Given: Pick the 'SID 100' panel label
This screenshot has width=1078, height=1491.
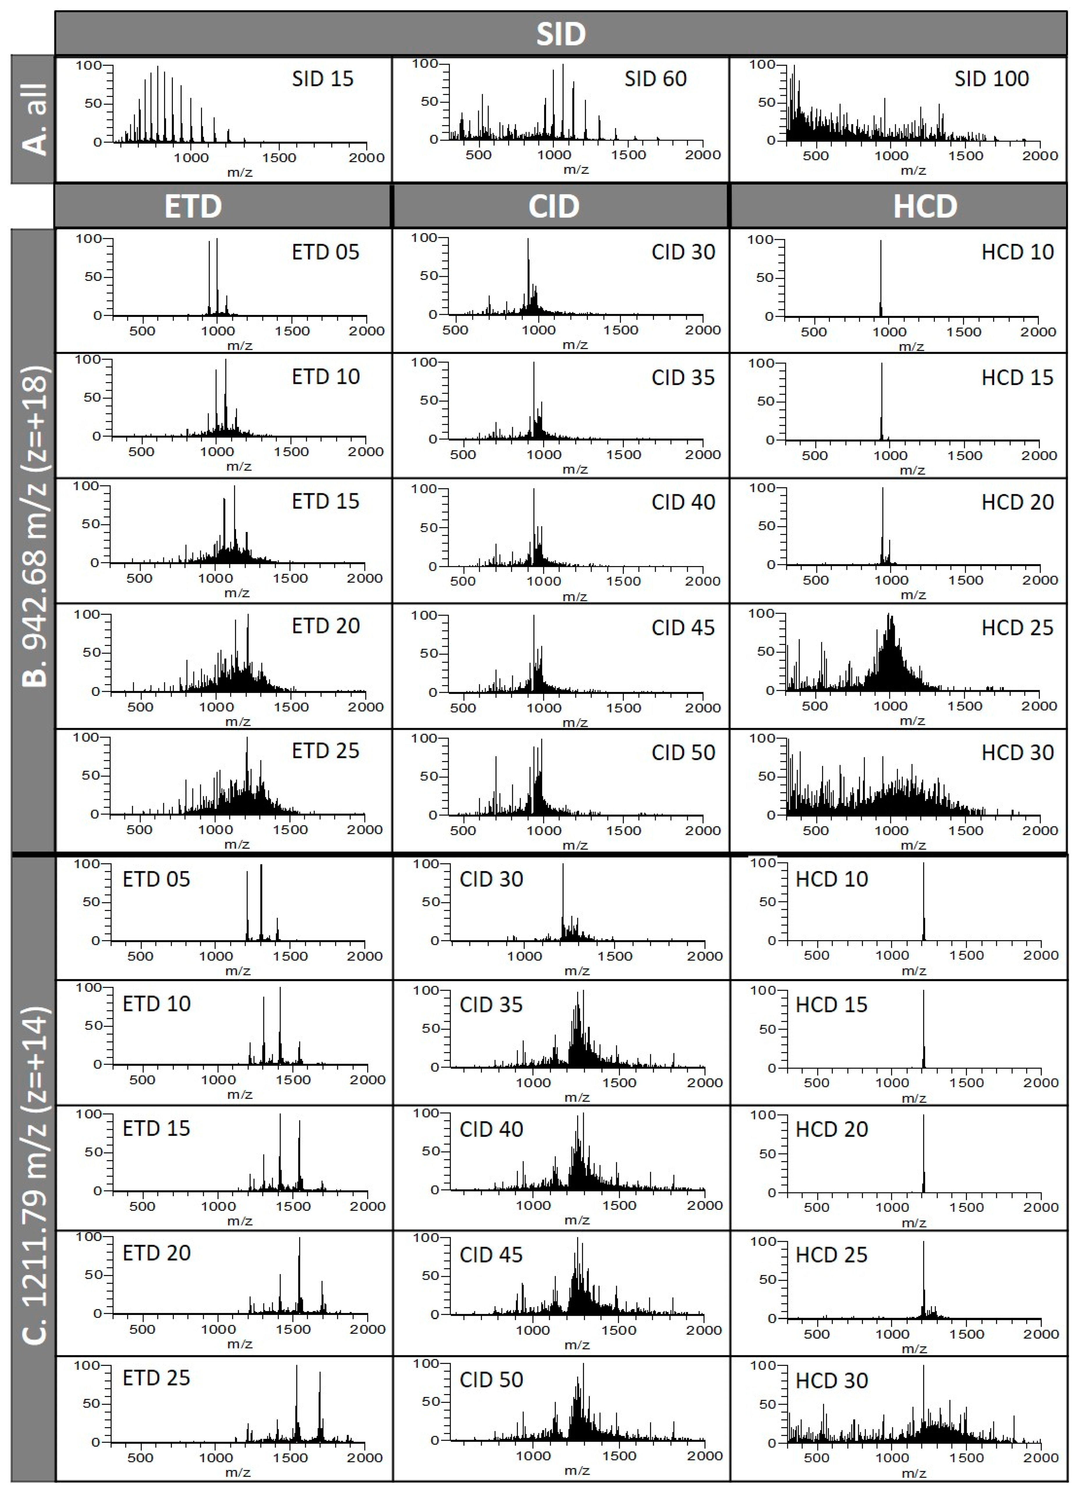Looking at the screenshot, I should (x=991, y=79).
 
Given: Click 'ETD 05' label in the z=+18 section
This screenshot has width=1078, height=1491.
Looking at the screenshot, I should (x=325, y=252).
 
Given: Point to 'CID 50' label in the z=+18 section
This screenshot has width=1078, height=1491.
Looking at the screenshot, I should (x=683, y=753).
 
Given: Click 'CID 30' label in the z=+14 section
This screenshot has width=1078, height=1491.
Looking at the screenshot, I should (x=491, y=880).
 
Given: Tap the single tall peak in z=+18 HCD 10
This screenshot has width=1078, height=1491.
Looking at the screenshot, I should (x=881, y=276).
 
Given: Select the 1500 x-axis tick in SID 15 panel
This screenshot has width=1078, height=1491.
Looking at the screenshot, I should (x=279, y=158).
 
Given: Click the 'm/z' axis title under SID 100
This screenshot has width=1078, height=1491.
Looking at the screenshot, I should (x=913, y=171).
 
